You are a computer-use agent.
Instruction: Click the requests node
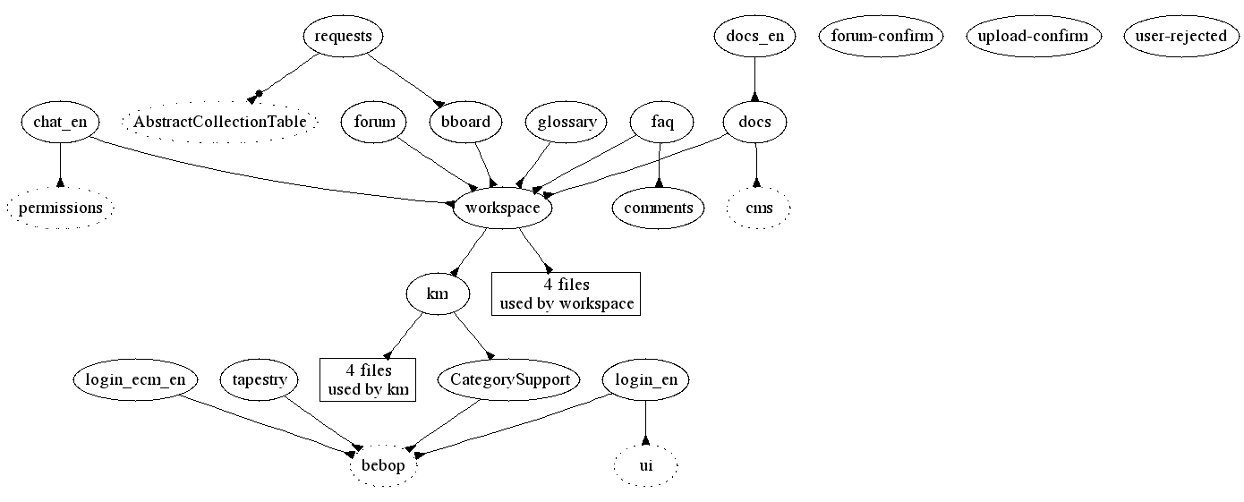click(x=344, y=37)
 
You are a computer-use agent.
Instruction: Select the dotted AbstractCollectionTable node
click(x=220, y=123)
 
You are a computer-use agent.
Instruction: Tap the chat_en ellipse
click(x=60, y=123)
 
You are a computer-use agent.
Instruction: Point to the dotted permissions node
click(x=61, y=208)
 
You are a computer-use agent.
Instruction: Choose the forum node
click(x=374, y=123)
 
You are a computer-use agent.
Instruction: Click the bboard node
click(x=465, y=123)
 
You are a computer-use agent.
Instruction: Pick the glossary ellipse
click(x=567, y=123)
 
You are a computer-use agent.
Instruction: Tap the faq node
click(x=661, y=123)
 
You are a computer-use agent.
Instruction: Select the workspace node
click(x=502, y=208)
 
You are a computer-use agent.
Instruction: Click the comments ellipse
click(x=659, y=208)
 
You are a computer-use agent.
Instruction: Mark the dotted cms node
click(x=758, y=208)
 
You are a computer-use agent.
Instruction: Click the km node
click(x=438, y=294)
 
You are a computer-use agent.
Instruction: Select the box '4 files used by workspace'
click(x=567, y=294)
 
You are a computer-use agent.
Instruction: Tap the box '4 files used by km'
click(x=368, y=379)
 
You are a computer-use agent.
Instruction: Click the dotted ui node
click(x=645, y=466)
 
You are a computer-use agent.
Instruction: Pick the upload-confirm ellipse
click(x=1033, y=37)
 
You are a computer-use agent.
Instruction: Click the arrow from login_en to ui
click(x=645, y=422)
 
